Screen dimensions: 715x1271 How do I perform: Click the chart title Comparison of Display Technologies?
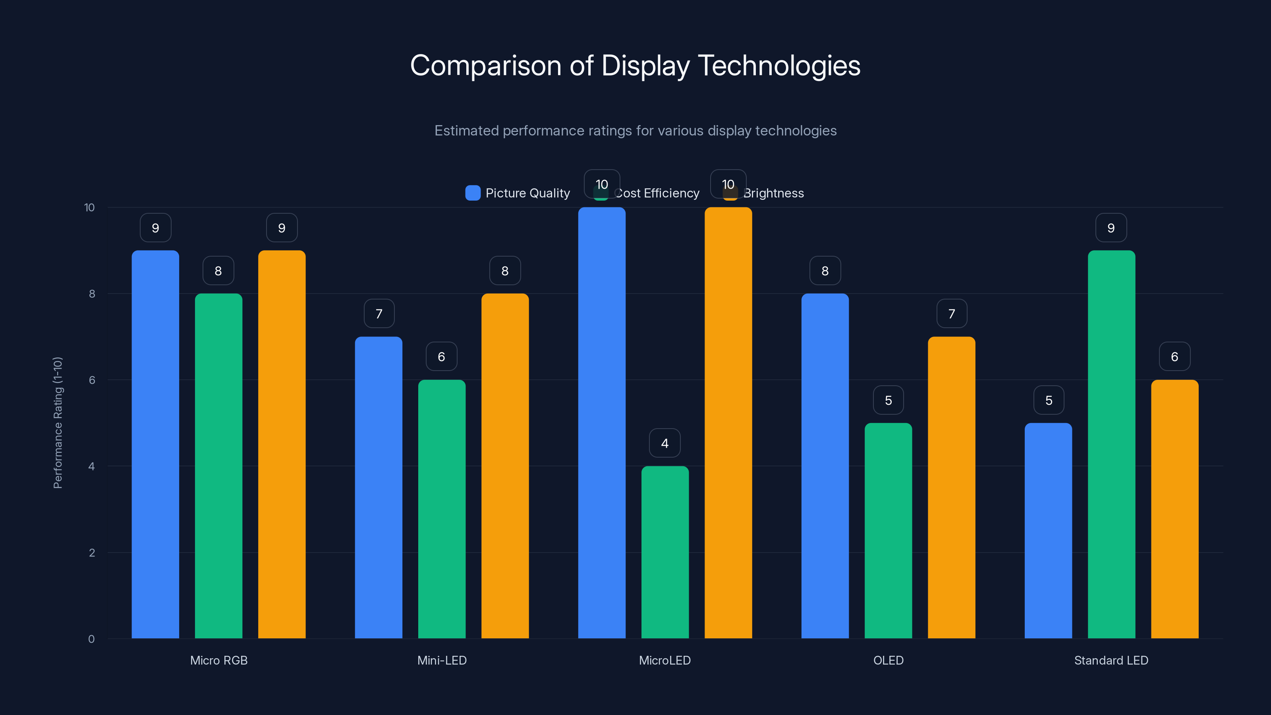[635, 66]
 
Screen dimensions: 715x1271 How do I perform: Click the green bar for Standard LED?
[1111, 444]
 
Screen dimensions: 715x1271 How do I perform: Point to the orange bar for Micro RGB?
[282, 444]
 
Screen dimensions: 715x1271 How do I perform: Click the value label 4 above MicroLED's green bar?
[664, 443]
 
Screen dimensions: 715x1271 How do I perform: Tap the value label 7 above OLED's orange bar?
[951, 314]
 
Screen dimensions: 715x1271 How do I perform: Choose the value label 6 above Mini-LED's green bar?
[442, 357]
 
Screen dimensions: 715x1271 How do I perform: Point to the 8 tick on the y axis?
[92, 294]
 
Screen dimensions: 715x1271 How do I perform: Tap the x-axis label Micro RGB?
[218, 660]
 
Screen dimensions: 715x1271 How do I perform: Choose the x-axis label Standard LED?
[1111, 660]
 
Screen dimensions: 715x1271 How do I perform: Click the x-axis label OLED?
[888, 660]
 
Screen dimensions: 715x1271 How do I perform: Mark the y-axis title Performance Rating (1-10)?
[58, 422]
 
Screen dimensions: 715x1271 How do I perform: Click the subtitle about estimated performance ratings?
[635, 131]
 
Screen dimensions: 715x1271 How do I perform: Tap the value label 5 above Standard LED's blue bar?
[1049, 400]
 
